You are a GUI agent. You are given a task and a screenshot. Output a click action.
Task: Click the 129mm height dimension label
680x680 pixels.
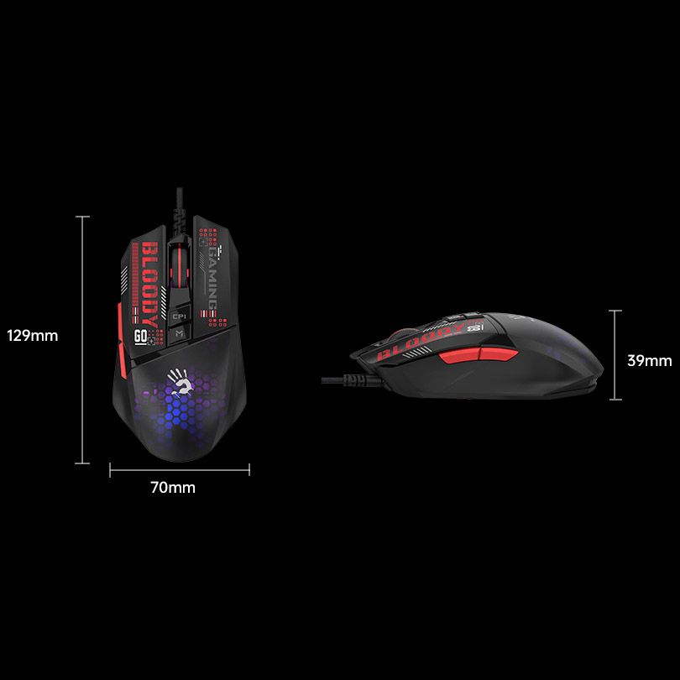[33, 336]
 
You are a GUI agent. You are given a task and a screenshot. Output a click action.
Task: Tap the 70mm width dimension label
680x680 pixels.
[172, 488]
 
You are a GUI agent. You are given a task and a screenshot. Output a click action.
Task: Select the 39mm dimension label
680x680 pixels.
[650, 360]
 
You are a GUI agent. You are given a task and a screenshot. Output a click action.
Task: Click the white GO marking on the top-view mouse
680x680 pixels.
[141, 336]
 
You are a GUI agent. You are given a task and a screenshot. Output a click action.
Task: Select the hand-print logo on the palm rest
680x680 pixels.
[180, 381]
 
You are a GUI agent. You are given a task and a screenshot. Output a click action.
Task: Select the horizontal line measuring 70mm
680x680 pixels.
[179, 470]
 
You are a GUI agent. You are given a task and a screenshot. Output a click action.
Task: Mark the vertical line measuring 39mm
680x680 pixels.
[616, 354]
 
